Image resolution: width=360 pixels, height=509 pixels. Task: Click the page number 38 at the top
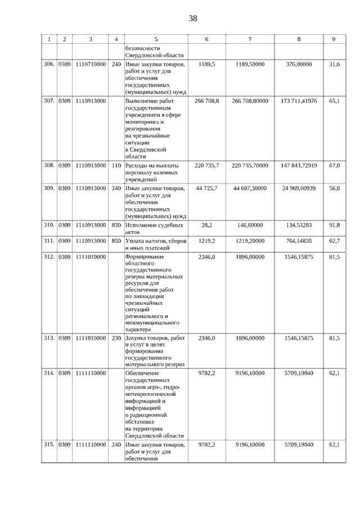point(193,19)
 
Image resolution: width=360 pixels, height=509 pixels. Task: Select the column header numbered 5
point(156,39)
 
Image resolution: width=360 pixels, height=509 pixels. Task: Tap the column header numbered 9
point(334,39)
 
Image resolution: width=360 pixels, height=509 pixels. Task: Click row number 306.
point(49,65)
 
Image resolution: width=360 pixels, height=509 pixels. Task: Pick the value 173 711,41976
point(299,101)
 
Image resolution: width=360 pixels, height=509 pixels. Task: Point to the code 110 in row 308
point(116,165)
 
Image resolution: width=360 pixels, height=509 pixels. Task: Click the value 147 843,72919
point(299,165)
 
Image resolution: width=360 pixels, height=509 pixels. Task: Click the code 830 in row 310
point(116,225)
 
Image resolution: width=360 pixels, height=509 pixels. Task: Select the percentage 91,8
point(334,225)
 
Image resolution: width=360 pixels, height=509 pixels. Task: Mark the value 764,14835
point(299,241)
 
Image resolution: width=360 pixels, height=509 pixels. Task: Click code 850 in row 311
point(116,241)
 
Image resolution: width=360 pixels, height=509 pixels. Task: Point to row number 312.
point(49,256)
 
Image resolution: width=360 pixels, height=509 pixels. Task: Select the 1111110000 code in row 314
point(91,373)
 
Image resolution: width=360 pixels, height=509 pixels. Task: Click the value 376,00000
point(299,65)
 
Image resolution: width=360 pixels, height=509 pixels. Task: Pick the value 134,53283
point(299,225)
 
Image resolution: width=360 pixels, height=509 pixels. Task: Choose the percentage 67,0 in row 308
point(334,165)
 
